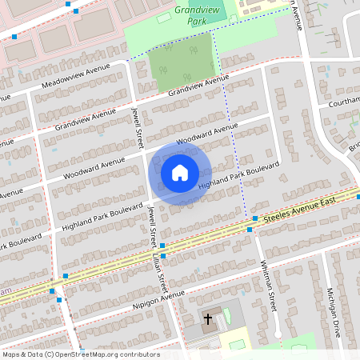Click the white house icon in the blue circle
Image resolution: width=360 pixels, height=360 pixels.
(180, 172)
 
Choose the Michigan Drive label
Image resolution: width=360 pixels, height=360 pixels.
(335, 312)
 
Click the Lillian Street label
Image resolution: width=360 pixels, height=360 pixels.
(159, 272)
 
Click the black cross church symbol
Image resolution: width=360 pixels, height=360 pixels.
(208, 319)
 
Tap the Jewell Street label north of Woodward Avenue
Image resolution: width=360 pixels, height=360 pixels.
(137, 127)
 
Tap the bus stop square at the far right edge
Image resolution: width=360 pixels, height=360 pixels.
(358, 196)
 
